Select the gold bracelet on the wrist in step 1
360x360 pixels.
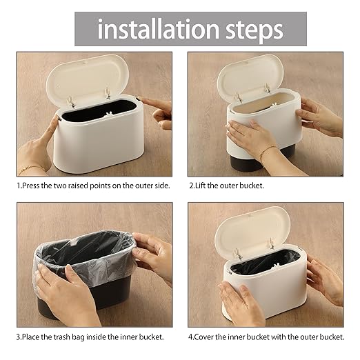[31, 168]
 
